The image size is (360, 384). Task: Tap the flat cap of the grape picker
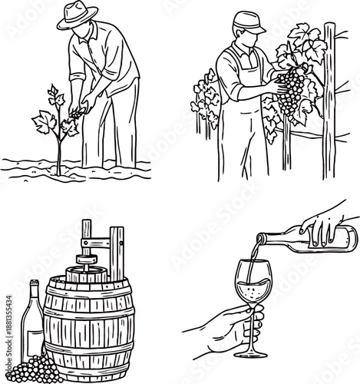click(x=249, y=21)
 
